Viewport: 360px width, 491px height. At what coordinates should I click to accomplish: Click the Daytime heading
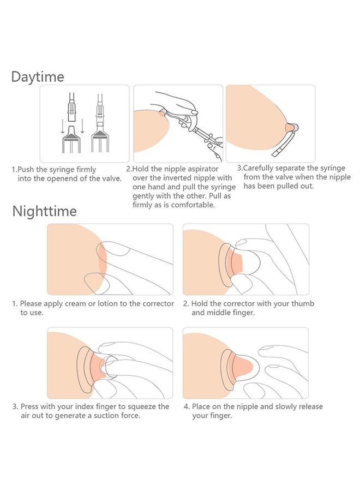tap(38, 76)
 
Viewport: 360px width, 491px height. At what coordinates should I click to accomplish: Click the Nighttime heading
tap(44, 211)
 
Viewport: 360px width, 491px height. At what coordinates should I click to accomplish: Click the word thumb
tap(303, 303)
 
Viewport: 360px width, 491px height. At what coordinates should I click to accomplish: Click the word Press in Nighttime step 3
tap(30, 406)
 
